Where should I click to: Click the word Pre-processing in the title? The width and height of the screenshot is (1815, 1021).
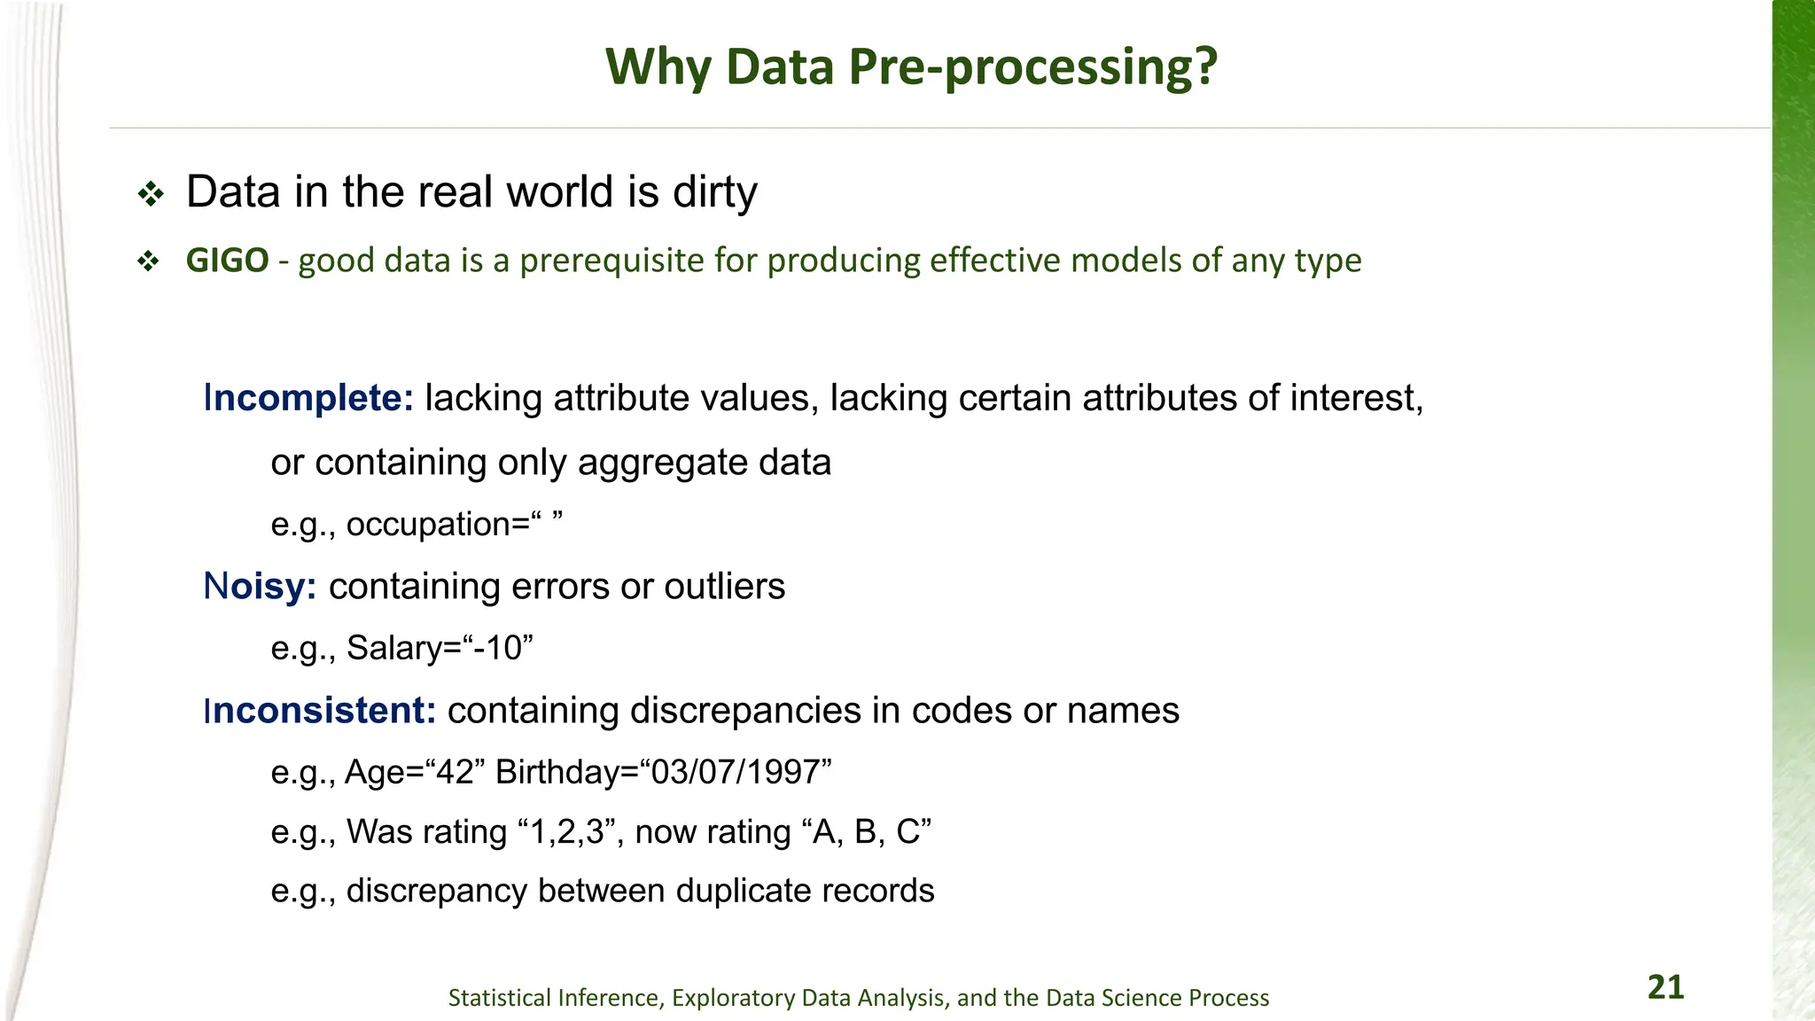pyautogui.click(x=1032, y=67)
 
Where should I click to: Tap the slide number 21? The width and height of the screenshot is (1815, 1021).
pyautogui.click(x=1665, y=987)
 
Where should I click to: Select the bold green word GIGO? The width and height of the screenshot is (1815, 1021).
pyautogui.click(x=227, y=261)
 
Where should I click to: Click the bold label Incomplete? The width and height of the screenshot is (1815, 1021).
pyautogui.click(x=308, y=398)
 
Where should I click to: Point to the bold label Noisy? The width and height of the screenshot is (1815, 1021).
pyautogui.click(x=260, y=587)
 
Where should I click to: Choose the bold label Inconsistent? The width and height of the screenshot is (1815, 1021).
pyautogui.click(x=320, y=711)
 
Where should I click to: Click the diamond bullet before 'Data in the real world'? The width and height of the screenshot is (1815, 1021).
pyautogui.click(x=151, y=194)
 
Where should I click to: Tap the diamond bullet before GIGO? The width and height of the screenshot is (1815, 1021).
pyautogui.click(x=148, y=261)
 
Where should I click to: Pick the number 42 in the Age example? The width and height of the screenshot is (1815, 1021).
pyautogui.click(x=456, y=772)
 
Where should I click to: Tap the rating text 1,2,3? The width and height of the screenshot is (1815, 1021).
pyautogui.click(x=566, y=832)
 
